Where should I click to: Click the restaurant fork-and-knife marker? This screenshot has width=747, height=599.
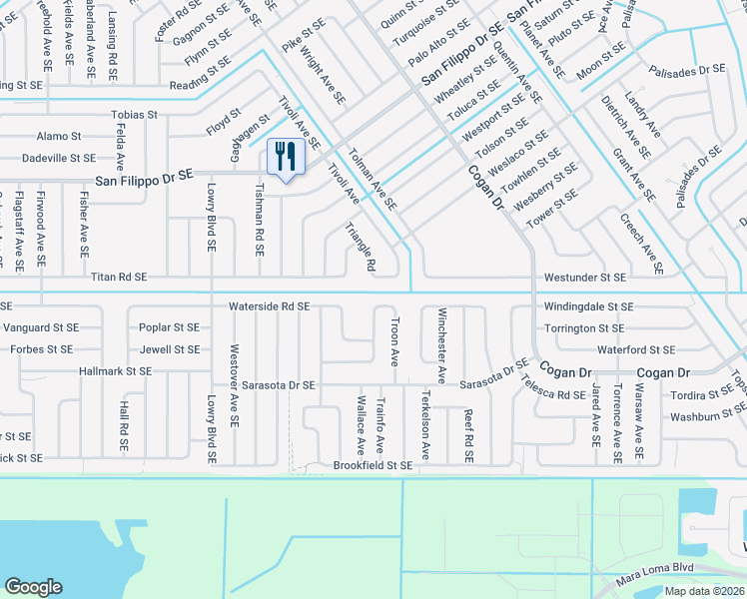[286, 157]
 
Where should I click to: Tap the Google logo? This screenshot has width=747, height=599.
[33, 587]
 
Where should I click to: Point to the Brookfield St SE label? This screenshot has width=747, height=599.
[373, 465]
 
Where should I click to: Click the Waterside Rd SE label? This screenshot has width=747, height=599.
[269, 306]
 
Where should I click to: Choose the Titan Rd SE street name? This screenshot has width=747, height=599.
[119, 277]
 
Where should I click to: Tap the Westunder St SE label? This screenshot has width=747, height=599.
[585, 277]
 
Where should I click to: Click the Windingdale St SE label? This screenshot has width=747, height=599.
[589, 306]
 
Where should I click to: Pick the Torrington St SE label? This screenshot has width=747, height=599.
[584, 328]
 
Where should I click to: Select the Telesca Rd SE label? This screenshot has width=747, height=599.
[557, 395]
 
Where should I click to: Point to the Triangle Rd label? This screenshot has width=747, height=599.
[360, 247]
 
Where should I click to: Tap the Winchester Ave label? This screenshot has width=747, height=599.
[440, 344]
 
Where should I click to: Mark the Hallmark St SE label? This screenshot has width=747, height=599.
[116, 371]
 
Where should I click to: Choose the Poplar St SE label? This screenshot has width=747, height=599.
[170, 327]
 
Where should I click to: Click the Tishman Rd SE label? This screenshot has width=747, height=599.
[260, 221]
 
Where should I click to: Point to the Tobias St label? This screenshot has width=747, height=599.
[134, 115]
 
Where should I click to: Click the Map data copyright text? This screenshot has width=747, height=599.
[705, 591]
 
